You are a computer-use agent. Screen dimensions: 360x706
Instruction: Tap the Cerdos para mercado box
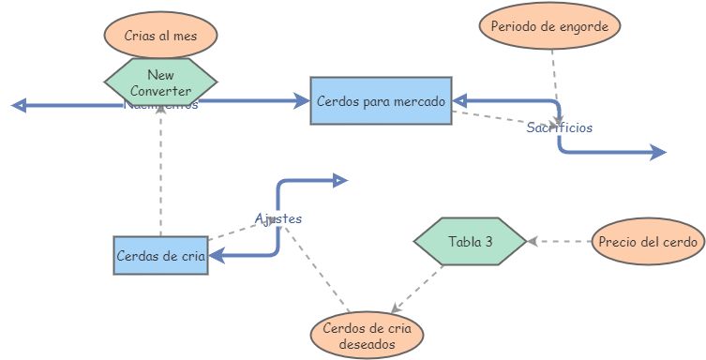point(381,99)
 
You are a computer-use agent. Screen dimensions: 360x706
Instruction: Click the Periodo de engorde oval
point(549,26)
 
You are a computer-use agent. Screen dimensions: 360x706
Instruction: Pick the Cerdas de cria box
point(160,254)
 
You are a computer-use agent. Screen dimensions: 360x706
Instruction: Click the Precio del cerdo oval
point(648,242)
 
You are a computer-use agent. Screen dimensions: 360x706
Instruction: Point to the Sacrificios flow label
point(559,127)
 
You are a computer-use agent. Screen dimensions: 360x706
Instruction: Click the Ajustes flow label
point(278,217)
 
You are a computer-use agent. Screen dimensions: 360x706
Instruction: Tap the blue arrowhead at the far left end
point(18,105)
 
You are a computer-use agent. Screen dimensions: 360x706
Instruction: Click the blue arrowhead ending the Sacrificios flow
point(658,152)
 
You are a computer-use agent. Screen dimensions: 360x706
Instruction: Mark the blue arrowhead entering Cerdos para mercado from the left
point(303,99)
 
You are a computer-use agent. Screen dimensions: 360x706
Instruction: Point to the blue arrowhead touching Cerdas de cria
point(215,254)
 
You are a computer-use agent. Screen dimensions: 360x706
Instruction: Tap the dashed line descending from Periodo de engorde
point(554,75)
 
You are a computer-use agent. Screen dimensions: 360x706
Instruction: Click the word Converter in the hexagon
point(160,91)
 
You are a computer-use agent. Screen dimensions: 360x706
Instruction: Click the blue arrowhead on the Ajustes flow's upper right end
point(340,179)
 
